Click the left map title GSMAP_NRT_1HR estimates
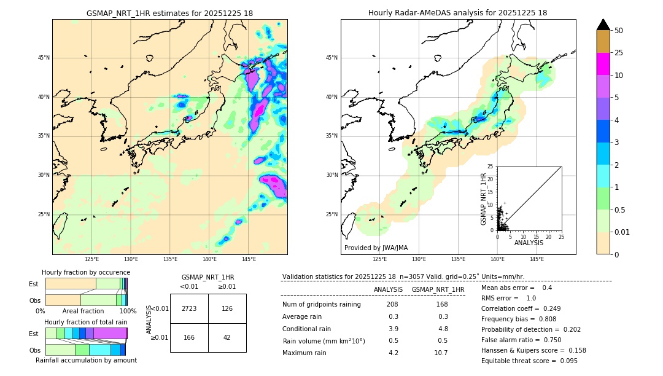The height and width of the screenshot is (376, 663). coord(169,13)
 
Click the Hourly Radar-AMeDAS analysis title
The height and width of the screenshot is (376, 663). coord(458,13)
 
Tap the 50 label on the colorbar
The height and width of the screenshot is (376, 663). coord(619,30)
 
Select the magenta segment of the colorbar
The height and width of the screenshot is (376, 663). coord(603,64)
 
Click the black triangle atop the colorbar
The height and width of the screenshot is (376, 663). coord(603,25)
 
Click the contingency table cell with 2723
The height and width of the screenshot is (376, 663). coord(189,308)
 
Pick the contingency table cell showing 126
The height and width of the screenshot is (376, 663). coord(227,308)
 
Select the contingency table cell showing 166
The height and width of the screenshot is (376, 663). coord(189,337)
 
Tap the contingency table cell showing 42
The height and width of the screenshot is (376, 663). coord(227,337)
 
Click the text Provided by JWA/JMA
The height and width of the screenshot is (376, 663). coord(376,248)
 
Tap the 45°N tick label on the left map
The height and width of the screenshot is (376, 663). coord(44,58)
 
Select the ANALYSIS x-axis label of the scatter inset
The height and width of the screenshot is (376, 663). coord(529,243)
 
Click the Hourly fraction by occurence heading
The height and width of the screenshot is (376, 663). coord(86,272)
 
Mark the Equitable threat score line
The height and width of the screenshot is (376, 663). coord(529,361)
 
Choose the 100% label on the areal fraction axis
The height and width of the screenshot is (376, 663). coord(128,311)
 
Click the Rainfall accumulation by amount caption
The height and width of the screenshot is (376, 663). coord(86,360)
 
